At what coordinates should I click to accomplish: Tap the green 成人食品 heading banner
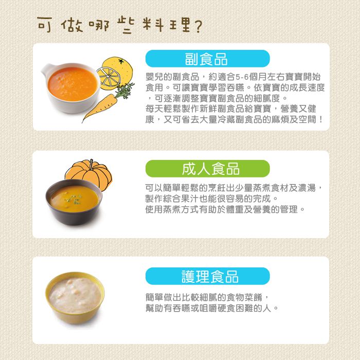coord(208,168)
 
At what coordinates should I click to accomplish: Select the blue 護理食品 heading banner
coord(208,276)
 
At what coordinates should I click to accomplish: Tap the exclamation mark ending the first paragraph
coord(321,119)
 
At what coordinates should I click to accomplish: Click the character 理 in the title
coord(184,24)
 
